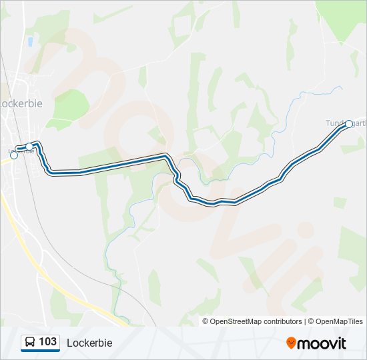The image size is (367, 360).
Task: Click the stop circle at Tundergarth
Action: point(348,124)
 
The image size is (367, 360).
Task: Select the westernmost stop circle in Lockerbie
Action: point(14,155)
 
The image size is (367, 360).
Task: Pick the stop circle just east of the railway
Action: point(29,147)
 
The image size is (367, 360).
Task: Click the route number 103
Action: point(48,342)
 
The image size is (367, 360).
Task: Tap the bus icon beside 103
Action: point(30,343)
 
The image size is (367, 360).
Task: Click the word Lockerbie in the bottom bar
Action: point(89,343)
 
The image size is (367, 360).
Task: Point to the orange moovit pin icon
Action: point(292,343)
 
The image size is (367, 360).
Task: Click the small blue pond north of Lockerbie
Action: point(30,42)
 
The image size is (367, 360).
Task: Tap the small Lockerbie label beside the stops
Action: point(24,151)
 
